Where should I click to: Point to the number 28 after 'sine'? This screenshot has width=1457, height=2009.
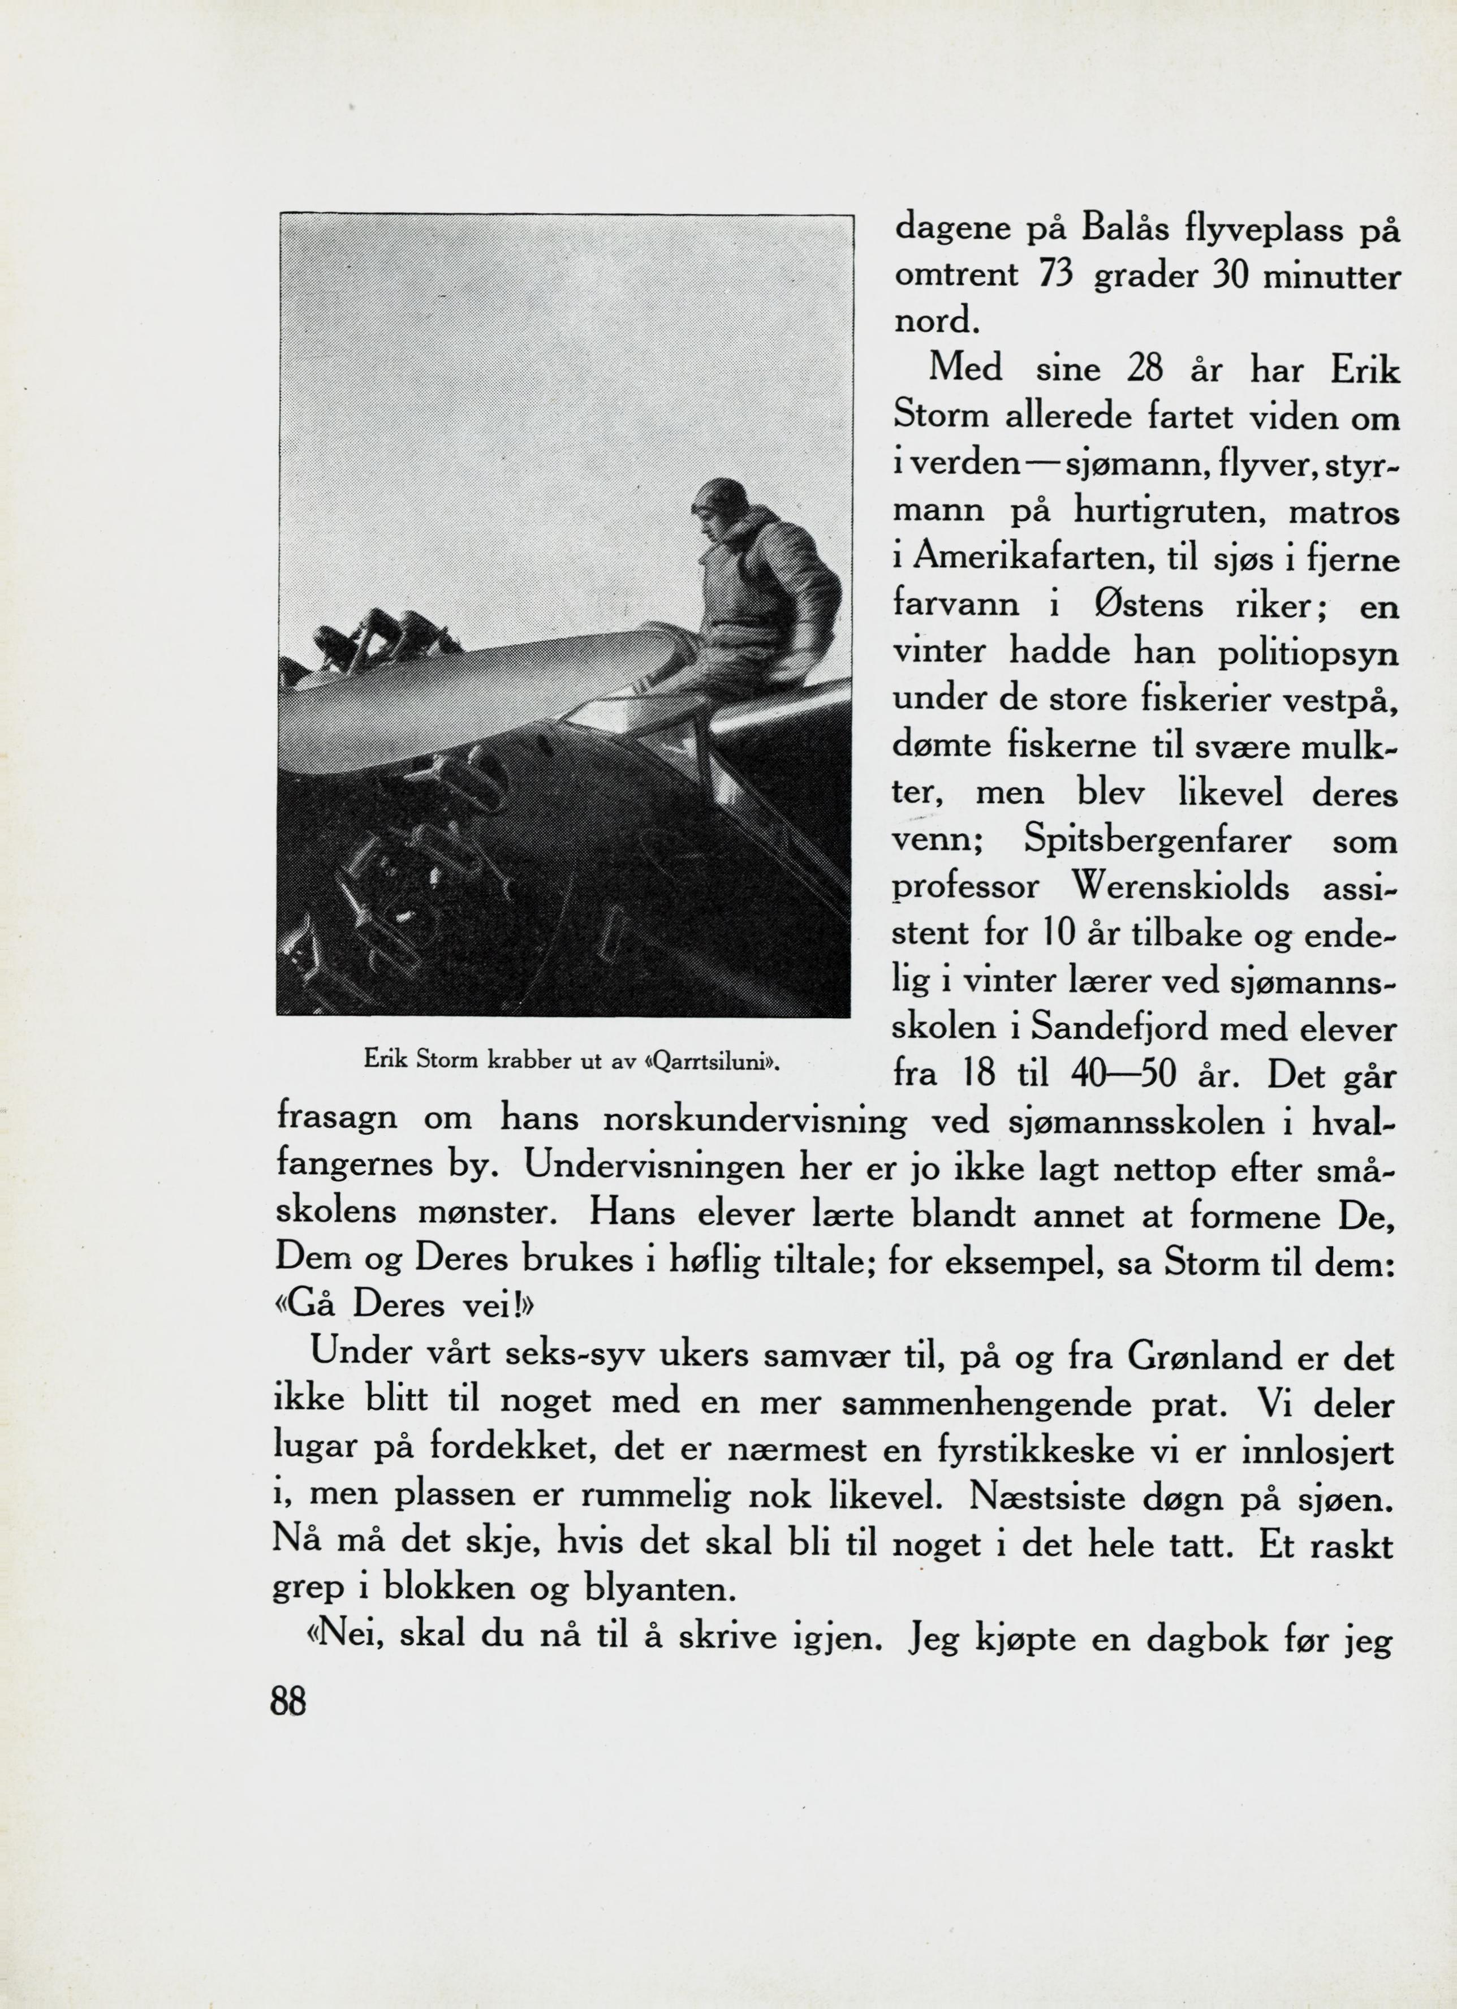click(1144, 369)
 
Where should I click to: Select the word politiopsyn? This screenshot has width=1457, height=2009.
click(1308, 654)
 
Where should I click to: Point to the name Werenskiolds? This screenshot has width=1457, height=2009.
click(1180, 887)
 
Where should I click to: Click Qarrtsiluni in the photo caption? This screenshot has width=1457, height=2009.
click(715, 1060)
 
